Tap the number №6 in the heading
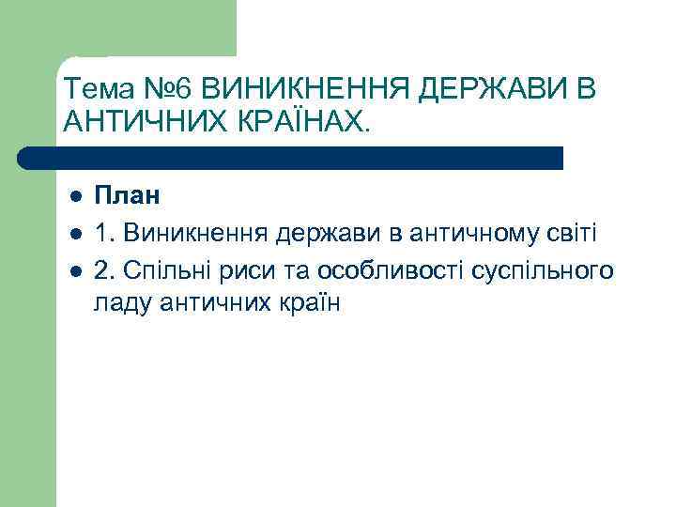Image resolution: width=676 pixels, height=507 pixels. [172, 90]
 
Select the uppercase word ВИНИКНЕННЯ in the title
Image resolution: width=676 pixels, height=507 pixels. [306, 90]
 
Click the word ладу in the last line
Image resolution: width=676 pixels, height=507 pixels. [119, 303]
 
